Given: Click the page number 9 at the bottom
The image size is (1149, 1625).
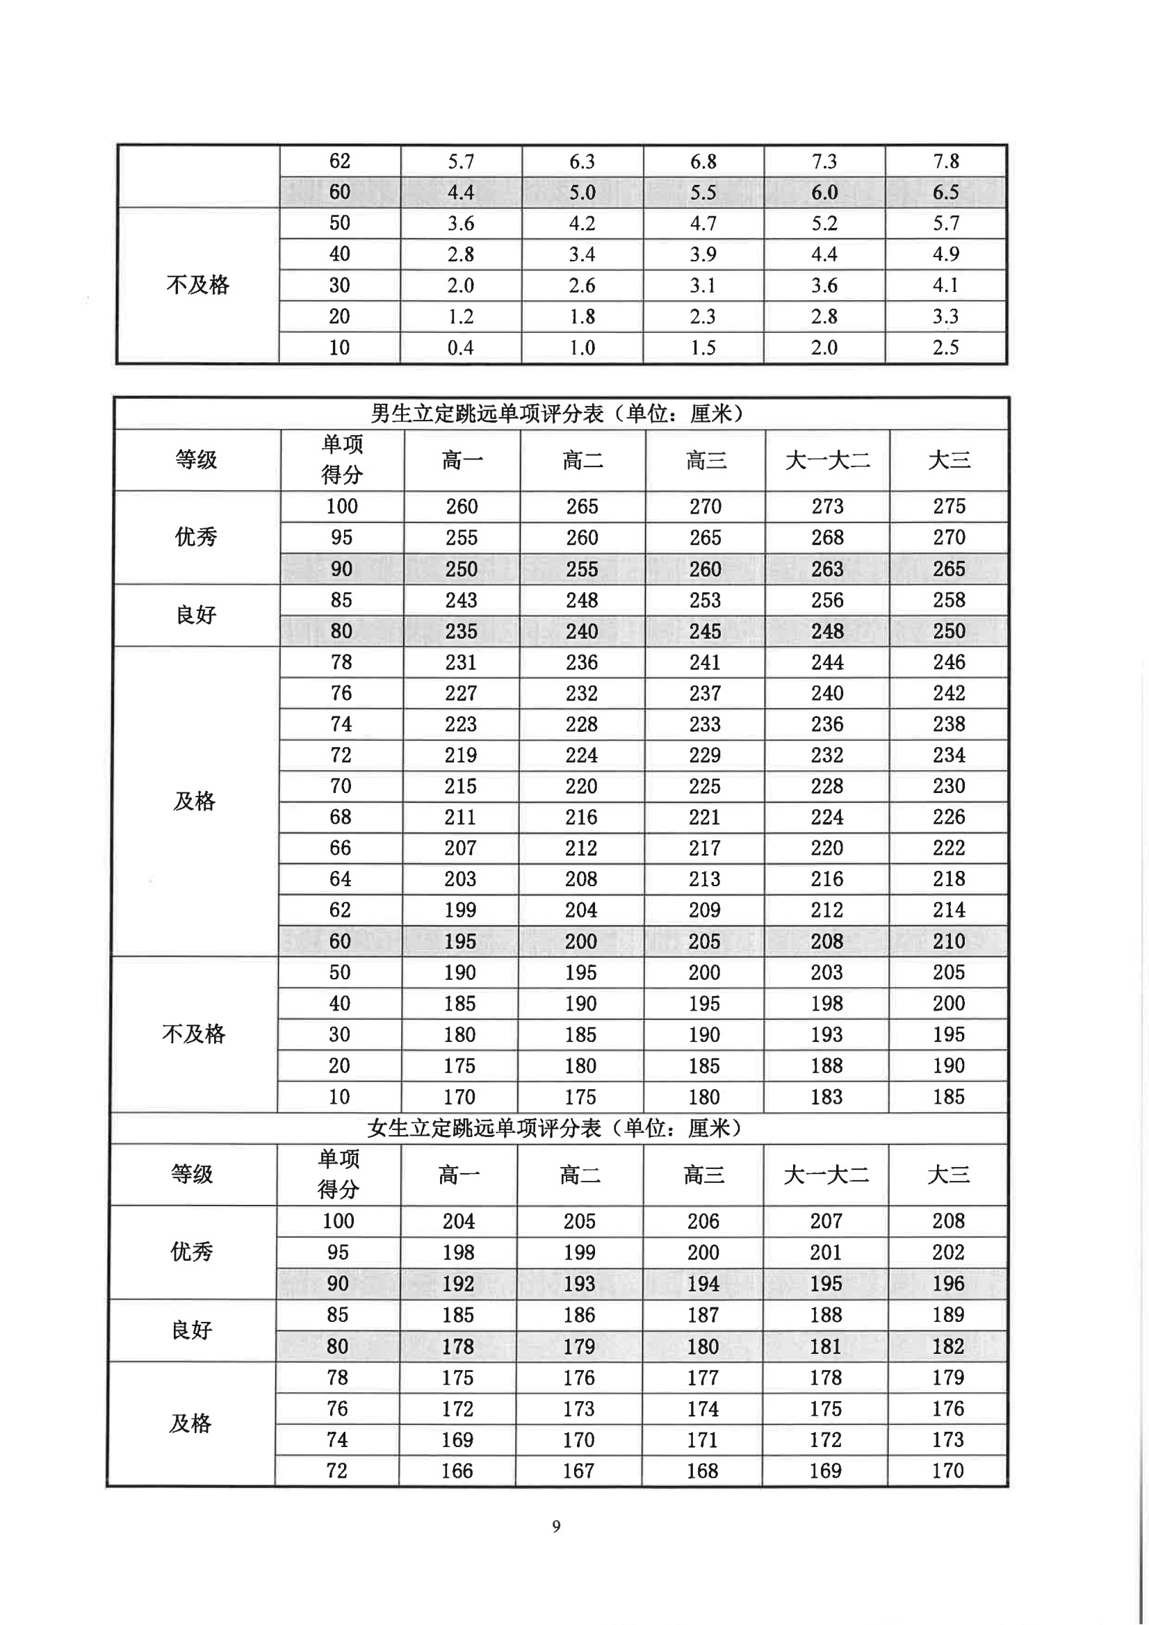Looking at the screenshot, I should click(x=557, y=1526).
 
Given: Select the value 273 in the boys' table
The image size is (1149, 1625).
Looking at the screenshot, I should click(x=827, y=507).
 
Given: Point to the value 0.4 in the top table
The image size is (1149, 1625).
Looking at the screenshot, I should click(x=460, y=348).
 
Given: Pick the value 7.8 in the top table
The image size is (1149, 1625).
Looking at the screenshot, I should click(x=946, y=161).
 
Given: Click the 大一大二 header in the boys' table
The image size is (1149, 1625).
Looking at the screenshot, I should click(x=827, y=461).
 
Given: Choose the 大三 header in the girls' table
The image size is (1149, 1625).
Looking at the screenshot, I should click(x=948, y=1175).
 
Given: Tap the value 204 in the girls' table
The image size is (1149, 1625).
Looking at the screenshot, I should click(x=459, y=1221).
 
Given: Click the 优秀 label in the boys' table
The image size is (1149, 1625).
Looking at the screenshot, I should click(x=196, y=537).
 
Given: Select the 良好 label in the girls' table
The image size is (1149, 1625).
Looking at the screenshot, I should click(x=192, y=1330).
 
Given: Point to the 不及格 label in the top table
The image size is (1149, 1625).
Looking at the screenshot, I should click(x=197, y=285).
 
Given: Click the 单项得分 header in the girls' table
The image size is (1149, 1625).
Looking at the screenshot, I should click(x=339, y=1174).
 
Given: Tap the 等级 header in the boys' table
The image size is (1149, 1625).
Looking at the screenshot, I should click(x=196, y=460).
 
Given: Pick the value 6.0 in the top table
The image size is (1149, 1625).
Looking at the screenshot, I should click(x=824, y=193).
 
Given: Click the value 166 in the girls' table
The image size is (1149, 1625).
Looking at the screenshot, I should click(x=457, y=1471).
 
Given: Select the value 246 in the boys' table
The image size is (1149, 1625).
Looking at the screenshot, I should click(x=949, y=662).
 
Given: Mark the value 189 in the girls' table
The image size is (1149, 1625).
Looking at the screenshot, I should click(x=948, y=1315).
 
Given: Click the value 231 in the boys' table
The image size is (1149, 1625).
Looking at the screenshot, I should click(x=461, y=662).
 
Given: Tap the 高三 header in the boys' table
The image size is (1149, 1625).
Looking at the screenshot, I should click(x=705, y=461).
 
